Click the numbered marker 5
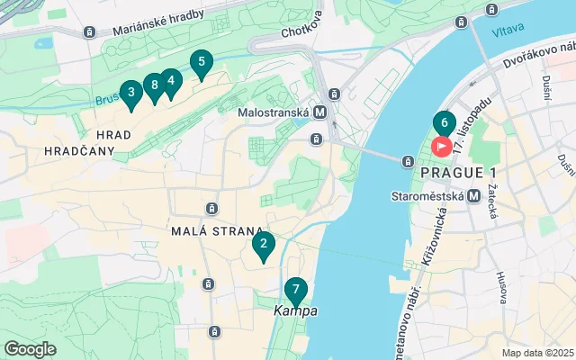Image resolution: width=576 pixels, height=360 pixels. tap(201, 63)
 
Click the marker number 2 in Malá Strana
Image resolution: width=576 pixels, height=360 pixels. tap(263, 244)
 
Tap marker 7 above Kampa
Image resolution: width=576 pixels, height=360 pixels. tap(295, 291)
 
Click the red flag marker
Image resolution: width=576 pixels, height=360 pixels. tap(443, 146)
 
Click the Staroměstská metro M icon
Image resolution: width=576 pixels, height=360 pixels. tap(473, 194)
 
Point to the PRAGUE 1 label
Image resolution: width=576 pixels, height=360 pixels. tap(457, 172)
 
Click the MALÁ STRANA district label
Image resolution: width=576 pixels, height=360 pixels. tap(217, 230)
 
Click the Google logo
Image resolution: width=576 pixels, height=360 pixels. tap(30, 348)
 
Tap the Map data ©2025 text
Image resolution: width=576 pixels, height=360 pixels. tap(536, 353)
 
